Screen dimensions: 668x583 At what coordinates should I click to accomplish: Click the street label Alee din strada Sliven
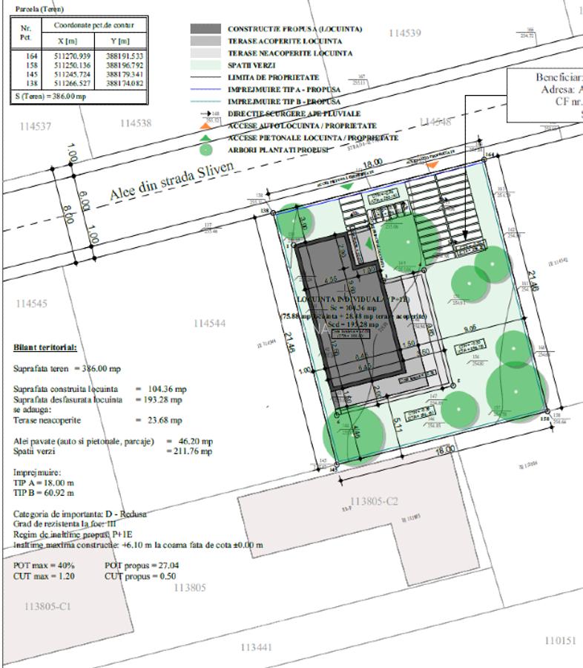point(172,183)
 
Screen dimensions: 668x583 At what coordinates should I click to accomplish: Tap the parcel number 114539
point(404,33)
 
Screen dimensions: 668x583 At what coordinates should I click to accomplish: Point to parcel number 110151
point(560,640)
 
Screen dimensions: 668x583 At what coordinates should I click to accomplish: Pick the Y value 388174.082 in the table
point(125,84)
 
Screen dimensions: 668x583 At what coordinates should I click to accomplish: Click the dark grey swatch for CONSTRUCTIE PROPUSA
point(205,29)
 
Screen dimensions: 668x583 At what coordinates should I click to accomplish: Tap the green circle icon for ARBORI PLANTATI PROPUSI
point(205,150)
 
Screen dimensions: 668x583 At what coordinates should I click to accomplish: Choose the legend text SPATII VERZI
point(253,65)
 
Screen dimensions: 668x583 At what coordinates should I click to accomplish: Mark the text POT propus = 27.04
point(142,565)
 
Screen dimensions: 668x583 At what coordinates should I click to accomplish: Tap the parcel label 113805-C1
point(47,606)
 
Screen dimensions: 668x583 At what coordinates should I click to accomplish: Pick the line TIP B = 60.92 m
point(44,492)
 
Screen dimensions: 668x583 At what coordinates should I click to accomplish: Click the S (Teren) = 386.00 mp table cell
point(45,96)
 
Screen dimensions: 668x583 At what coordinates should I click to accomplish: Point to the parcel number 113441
point(257,647)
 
